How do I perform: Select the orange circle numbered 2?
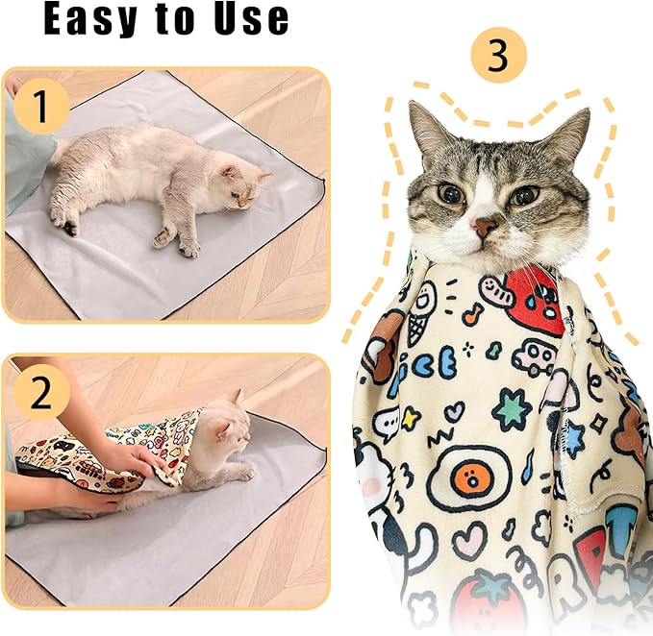tap(39, 393)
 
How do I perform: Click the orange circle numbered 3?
tap(498, 56)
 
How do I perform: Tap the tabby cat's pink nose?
tap(484, 228)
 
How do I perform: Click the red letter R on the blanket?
tap(590, 552)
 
